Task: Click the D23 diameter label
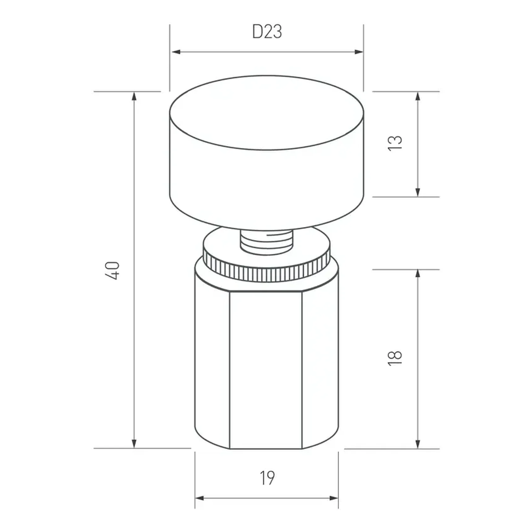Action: [267, 32]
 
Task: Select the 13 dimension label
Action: [395, 143]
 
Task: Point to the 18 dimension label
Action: [395, 358]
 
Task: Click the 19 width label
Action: [267, 478]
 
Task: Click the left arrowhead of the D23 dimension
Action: [176, 52]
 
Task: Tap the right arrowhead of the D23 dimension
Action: [359, 52]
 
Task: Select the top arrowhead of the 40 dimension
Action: [134, 97]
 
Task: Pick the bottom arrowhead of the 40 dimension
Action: [134, 443]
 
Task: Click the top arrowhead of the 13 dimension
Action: [418, 97]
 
